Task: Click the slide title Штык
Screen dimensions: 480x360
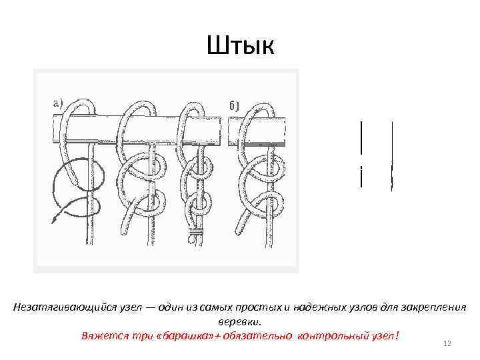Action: click(x=240, y=46)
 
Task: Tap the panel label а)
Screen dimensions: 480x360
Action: click(x=57, y=103)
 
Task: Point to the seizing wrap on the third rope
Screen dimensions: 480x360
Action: click(x=196, y=233)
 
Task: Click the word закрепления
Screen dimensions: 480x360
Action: click(x=430, y=308)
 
